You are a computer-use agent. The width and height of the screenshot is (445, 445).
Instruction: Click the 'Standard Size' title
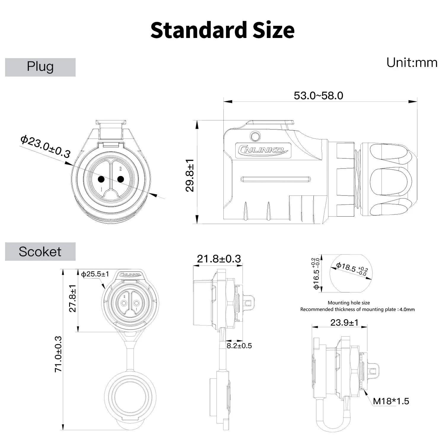click(222, 30)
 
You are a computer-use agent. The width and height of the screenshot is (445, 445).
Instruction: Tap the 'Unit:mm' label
click(411, 63)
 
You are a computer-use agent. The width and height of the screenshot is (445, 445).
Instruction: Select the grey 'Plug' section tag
click(40, 67)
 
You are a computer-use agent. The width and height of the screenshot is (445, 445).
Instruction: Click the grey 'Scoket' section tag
click(40, 252)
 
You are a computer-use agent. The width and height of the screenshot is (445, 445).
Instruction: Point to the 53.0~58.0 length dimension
click(318, 96)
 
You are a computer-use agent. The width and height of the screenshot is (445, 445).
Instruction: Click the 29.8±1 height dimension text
click(190, 175)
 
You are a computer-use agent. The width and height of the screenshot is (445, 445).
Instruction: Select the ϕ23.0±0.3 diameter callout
click(45, 147)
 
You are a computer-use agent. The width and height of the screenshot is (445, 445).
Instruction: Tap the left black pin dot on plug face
click(101, 179)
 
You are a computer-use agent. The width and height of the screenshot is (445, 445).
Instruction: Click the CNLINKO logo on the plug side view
click(263, 150)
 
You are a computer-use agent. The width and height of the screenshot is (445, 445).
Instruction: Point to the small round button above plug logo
click(255, 136)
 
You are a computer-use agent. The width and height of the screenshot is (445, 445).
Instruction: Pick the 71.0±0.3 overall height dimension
click(58, 354)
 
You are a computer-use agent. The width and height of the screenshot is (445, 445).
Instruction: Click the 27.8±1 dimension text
click(72, 298)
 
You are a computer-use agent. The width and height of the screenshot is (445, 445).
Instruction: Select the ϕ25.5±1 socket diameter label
click(95, 274)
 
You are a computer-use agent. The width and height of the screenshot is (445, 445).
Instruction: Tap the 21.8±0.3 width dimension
click(219, 259)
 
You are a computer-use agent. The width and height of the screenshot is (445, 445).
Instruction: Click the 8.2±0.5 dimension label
click(239, 346)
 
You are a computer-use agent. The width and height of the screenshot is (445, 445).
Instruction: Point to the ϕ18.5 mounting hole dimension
click(352, 269)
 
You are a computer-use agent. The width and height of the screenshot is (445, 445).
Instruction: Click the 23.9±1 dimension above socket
click(344, 322)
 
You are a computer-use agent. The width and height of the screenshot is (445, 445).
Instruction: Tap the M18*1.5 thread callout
click(391, 401)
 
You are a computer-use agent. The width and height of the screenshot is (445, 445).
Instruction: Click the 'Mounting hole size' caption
click(349, 303)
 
